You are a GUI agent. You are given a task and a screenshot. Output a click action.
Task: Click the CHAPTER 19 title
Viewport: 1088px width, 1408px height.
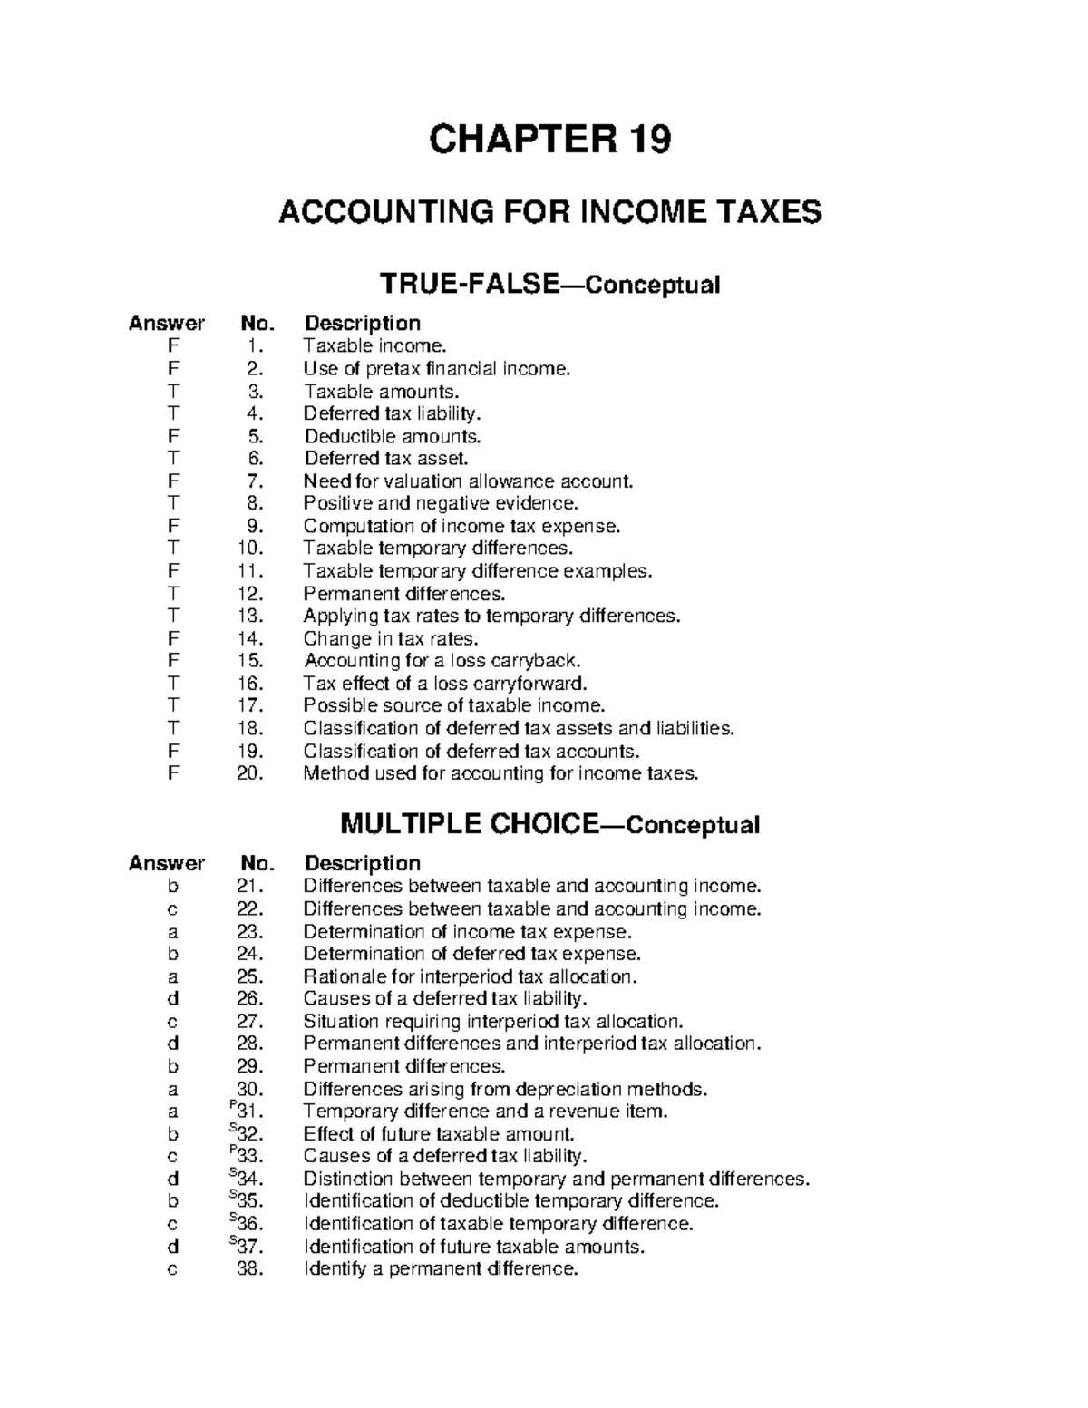pos(549,140)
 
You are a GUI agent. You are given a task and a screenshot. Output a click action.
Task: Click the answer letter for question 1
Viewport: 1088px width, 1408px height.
pos(172,345)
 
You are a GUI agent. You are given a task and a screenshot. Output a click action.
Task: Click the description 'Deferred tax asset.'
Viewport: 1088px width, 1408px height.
pos(386,459)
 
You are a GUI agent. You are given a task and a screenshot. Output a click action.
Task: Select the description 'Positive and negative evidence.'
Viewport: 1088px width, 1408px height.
pos(440,503)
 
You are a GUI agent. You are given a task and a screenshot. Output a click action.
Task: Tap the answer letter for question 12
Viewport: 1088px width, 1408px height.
pos(172,594)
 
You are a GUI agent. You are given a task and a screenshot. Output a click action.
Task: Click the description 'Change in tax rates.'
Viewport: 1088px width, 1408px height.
pos(390,638)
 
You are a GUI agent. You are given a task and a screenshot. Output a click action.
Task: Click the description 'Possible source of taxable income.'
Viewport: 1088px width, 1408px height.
pos(453,705)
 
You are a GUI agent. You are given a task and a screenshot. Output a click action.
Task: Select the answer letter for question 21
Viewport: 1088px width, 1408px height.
pos(172,886)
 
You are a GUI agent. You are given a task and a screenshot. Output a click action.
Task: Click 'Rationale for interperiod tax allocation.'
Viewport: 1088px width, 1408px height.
pos(470,976)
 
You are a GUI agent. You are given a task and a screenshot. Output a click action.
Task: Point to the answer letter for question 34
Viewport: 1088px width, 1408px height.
pos(172,1179)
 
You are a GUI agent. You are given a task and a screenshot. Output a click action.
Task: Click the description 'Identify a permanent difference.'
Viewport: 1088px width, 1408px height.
pos(440,1269)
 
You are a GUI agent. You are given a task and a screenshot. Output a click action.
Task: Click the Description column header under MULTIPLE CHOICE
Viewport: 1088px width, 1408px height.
pos(362,863)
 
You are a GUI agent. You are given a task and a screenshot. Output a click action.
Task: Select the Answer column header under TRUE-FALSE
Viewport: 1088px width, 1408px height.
pos(167,323)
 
